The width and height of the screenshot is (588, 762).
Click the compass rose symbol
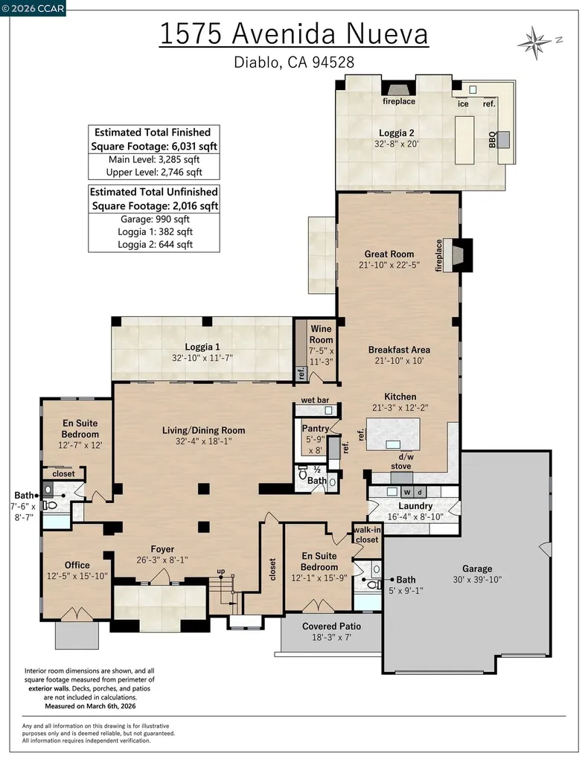[x=535, y=43]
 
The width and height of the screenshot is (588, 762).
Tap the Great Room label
[x=389, y=254]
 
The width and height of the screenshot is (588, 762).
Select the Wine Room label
[x=322, y=334]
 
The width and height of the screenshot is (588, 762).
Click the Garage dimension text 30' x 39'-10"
[x=476, y=579]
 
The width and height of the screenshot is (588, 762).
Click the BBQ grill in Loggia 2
[x=503, y=139]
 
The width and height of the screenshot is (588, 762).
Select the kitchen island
[x=393, y=434]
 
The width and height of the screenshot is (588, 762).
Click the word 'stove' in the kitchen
[x=401, y=466]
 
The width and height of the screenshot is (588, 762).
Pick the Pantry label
[x=316, y=428]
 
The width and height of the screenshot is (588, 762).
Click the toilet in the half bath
[x=303, y=471]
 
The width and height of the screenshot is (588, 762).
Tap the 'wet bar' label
[x=315, y=400]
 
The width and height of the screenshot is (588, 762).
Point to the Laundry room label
[x=415, y=506]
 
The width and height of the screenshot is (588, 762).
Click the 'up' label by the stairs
[x=220, y=571]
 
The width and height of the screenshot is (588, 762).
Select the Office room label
[x=77, y=565]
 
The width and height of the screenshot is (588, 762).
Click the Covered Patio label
[x=331, y=626]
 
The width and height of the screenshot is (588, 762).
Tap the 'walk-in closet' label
[x=367, y=534]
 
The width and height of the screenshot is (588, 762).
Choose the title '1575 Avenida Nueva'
[x=293, y=34]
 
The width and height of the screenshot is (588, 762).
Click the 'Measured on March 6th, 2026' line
[x=90, y=706]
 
